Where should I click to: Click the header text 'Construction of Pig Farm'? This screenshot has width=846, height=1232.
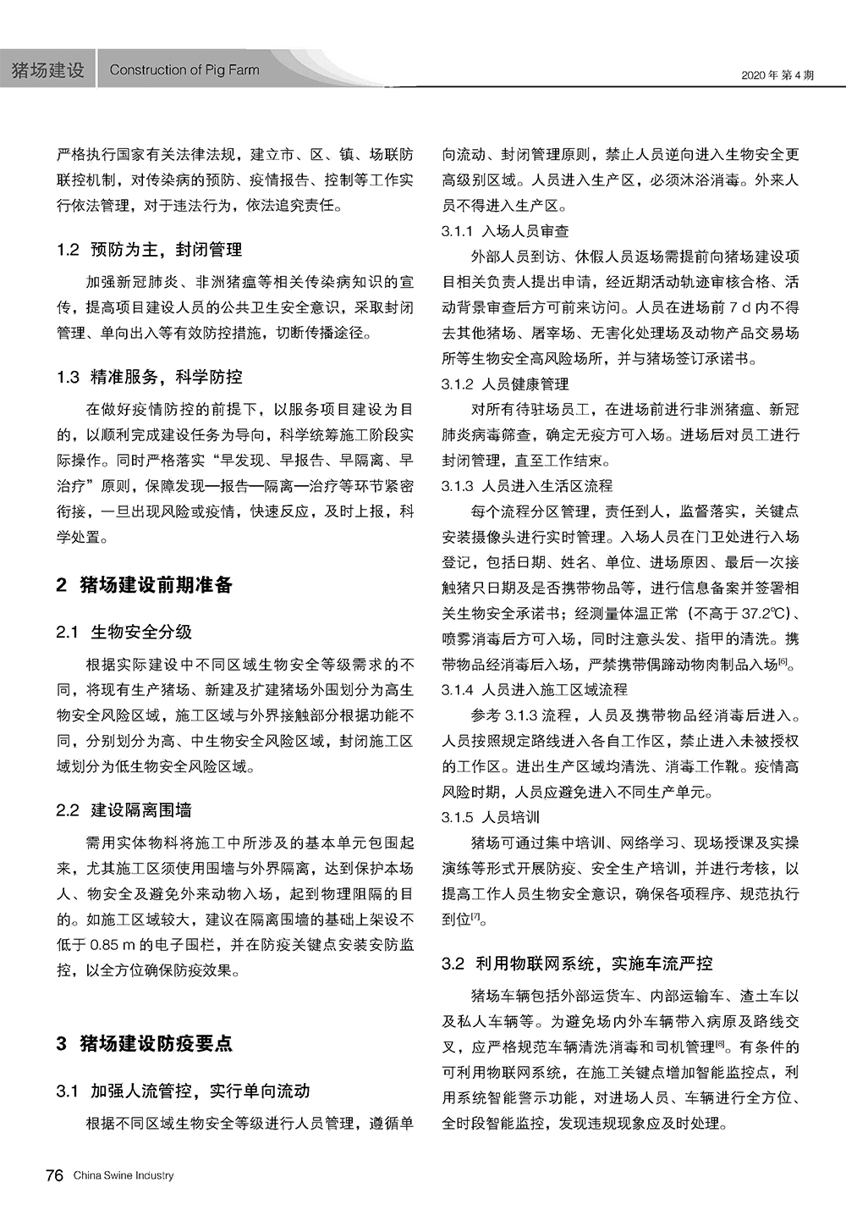coord(184,70)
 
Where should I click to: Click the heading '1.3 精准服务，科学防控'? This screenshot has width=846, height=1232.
coord(150,377)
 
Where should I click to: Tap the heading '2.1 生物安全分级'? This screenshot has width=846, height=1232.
coord(124,632)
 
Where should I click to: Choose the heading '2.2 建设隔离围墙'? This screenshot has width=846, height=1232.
coord(124,810)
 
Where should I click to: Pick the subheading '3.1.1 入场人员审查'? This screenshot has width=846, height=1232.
coord(505,231)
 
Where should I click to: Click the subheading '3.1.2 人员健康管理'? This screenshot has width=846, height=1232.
coord(505,384)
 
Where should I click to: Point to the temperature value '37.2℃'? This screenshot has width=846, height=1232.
coord(764,614)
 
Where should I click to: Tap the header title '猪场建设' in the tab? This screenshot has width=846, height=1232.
coord(48,70)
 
